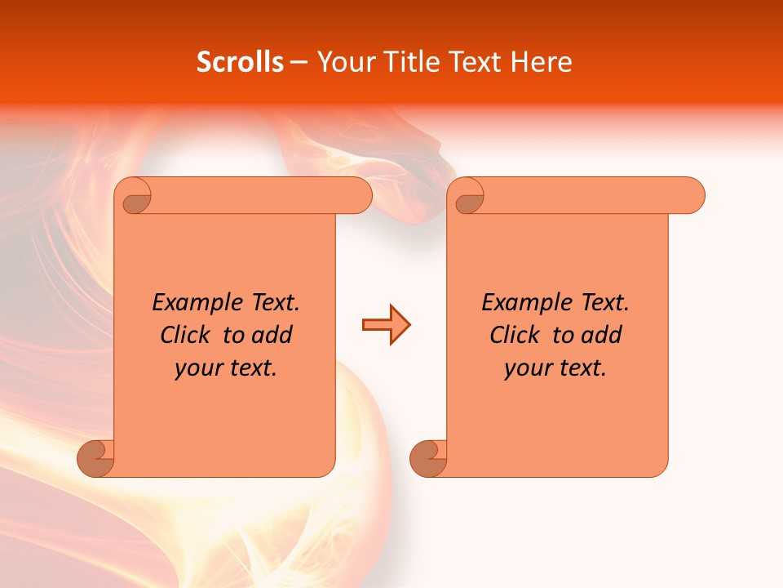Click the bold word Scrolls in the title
(x=240, y=62)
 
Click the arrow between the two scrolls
(x=386, y=325)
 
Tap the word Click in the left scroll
(x=185, y=335)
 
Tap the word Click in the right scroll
(x=515, y=335)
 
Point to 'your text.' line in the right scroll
(x=555, y=367)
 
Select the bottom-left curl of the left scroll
(x=96, y=458)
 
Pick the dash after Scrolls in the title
(x=299, y=62)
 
